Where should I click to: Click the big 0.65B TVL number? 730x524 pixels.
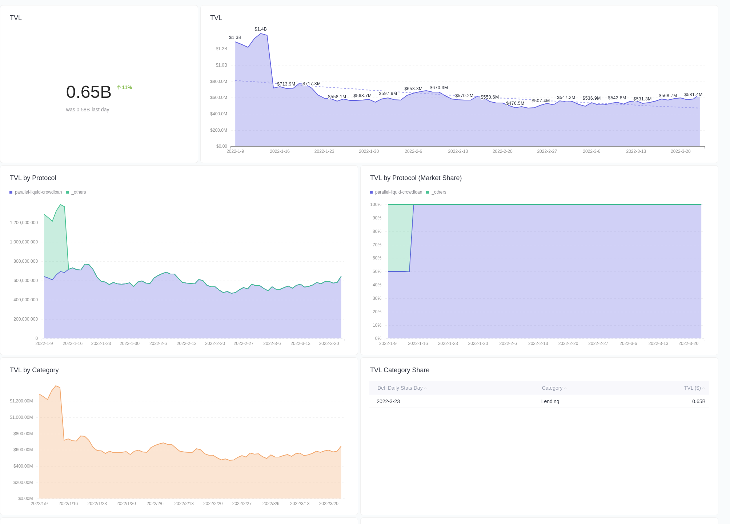point(89,92)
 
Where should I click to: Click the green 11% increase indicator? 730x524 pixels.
point(124,87)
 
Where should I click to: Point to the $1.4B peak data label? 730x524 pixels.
point(260,29)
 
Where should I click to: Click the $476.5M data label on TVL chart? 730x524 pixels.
point(515,103)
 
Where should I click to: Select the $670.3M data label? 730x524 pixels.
point(438,88)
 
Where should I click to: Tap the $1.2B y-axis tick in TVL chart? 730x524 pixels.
point(221,49)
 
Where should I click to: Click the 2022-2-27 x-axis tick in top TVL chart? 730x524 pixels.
point(547,151)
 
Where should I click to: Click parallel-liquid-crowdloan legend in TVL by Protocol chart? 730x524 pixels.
point(38,192)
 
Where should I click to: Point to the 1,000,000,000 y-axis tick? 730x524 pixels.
point(24,242)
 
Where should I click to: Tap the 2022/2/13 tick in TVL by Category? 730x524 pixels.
point(184,504)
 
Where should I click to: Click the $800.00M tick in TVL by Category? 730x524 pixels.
point(23,434)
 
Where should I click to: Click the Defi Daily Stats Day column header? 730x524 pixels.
point(400,388)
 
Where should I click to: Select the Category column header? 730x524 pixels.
point(552,388)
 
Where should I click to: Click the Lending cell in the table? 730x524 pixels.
point(550,401)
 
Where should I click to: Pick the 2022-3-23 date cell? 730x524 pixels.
point(388,401)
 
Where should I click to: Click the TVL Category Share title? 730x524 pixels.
point(400,370)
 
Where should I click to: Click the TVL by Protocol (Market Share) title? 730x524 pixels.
point(416,178)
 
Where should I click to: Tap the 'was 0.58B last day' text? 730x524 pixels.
point(88,110)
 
